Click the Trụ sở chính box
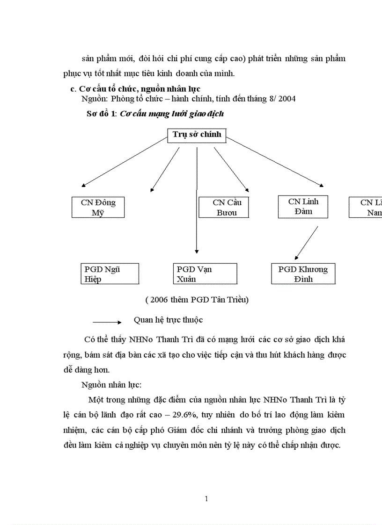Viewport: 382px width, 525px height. point(197,135)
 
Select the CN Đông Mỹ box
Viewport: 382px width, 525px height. point(98,208)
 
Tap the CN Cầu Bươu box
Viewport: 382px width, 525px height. point(224,208)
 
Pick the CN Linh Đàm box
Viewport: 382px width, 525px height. point(303,206)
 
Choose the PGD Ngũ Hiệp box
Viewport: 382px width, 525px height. point(110,274)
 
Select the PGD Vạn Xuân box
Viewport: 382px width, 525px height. point(204,274)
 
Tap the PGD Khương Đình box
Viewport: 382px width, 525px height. point(303,274)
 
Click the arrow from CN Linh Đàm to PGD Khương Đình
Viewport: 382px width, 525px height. point(307,243)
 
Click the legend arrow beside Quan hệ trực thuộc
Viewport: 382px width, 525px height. point(107,322)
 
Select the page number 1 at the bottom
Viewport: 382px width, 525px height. point(206,499)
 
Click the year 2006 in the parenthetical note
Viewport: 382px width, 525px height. point(159,300)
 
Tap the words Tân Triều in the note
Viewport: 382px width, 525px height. point(230,300)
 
